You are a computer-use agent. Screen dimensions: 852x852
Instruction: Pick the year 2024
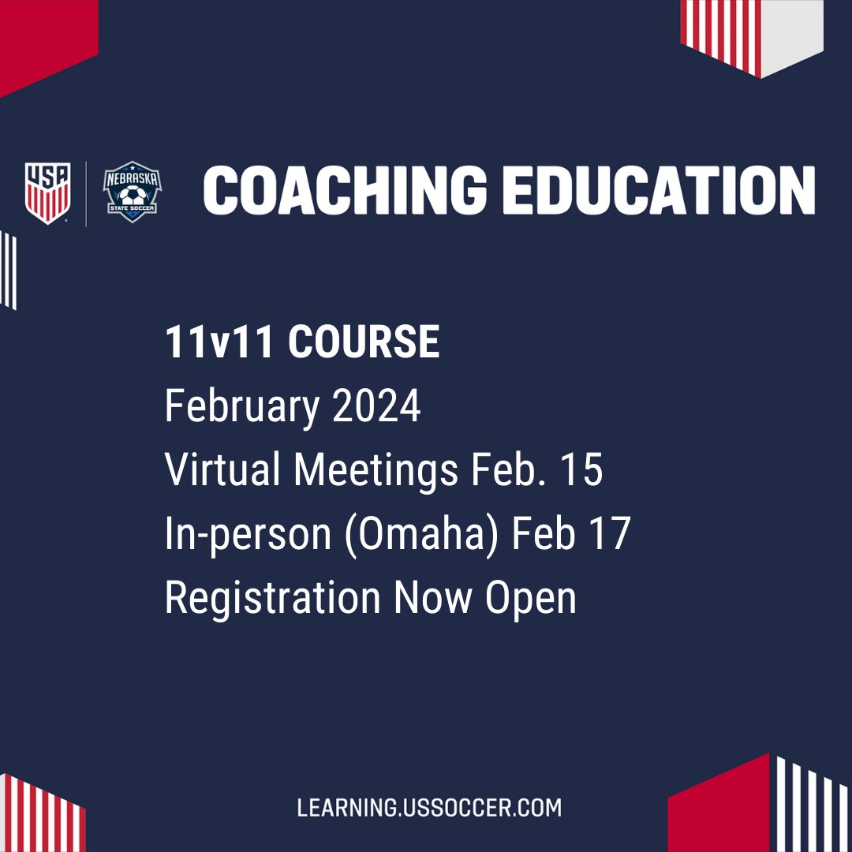376,406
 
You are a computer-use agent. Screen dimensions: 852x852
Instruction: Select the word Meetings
376,470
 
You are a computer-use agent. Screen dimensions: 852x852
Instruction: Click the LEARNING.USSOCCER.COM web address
429,808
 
